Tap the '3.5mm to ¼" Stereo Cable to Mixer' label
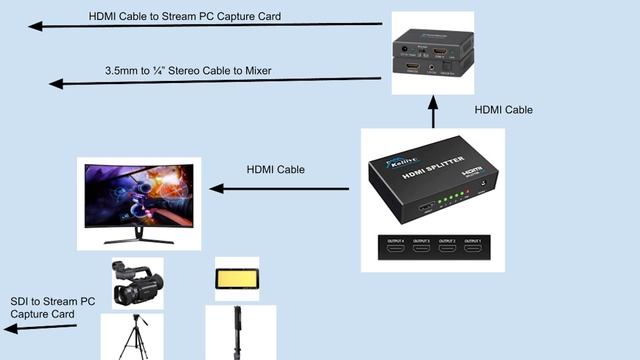pos(188,71)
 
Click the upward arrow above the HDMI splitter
pos(433,111)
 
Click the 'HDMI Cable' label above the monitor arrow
pos(275,170)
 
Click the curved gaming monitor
pos(139,195)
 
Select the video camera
pos(137,285)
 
